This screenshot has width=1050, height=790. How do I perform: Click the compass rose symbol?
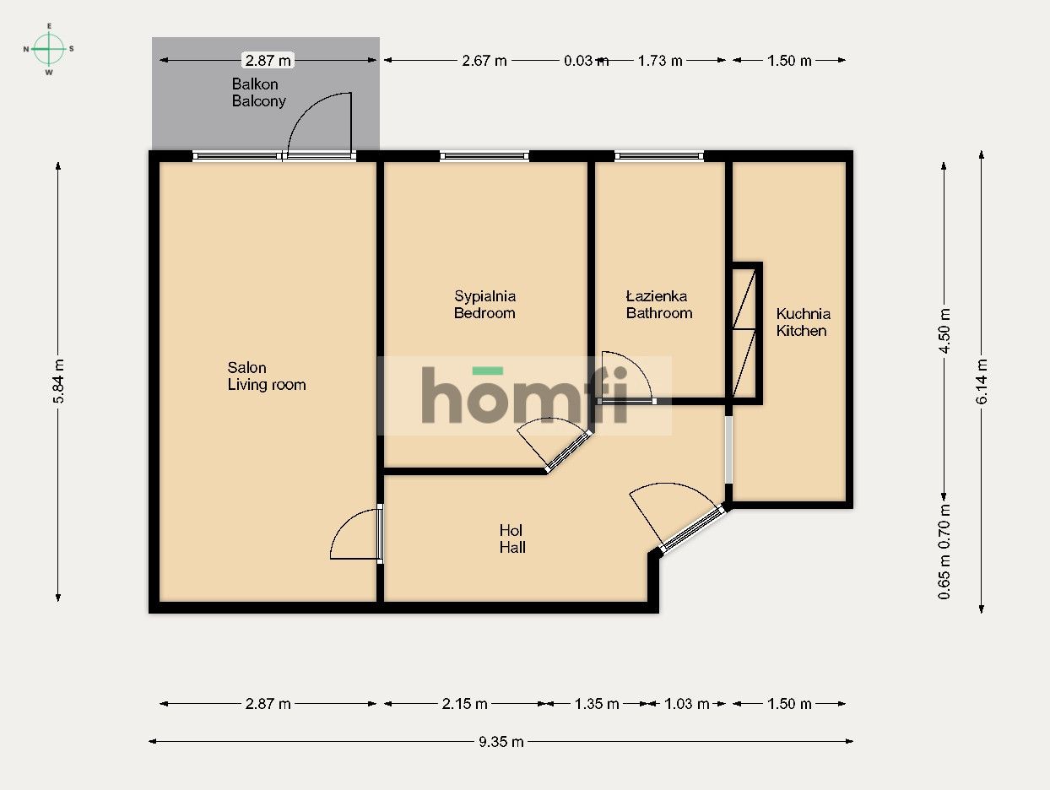click(x=49, y=49)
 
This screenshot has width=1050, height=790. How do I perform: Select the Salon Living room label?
click(x=266, y=376)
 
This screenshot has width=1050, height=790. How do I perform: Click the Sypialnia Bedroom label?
click(x=484, y=305)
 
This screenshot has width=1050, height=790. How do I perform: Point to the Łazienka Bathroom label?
click(x=658, y=305)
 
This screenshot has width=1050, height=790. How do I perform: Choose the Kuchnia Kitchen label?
click(x=803, y=322)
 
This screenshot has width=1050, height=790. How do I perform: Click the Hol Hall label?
click(x=511, y=539)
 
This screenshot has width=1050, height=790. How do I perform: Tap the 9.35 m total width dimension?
click(x=501, y=742)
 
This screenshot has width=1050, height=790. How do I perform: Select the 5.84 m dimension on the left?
click(x=58, y=382)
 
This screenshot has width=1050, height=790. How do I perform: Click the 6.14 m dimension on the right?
click(x=982, y=382)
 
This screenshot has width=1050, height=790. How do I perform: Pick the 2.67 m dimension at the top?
click(x=484, y=61)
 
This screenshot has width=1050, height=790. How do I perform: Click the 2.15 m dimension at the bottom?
click(x=464, y=704)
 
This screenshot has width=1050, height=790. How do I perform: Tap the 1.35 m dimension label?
click(x=597, y=704)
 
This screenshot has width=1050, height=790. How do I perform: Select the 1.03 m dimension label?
click(x=686, y=704)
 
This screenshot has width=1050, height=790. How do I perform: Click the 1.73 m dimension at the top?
click(x=661, y=61)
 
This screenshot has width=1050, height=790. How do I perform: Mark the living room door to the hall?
click(x=356, y=535)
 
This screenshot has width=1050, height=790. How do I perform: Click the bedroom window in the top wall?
click(x=484, y=156)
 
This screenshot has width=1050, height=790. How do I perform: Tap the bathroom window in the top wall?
click(x=658, y=156)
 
